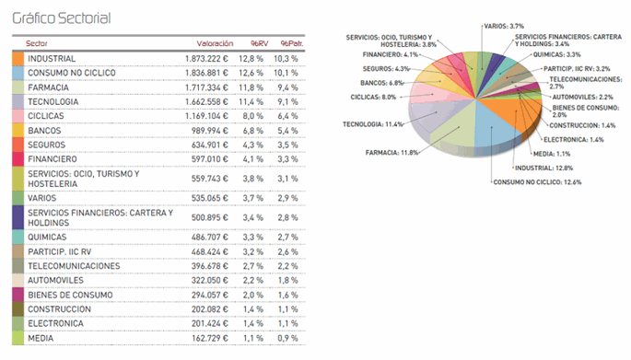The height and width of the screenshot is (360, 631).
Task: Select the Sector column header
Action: pos(38,43)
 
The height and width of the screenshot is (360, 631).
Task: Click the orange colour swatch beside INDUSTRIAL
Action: pos(18,58)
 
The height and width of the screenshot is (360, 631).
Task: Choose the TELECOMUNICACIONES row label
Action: pos(75,266)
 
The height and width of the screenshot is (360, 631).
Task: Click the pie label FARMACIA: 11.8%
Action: pos(391,152)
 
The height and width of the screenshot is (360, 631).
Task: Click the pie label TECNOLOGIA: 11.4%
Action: pos(372,124)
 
